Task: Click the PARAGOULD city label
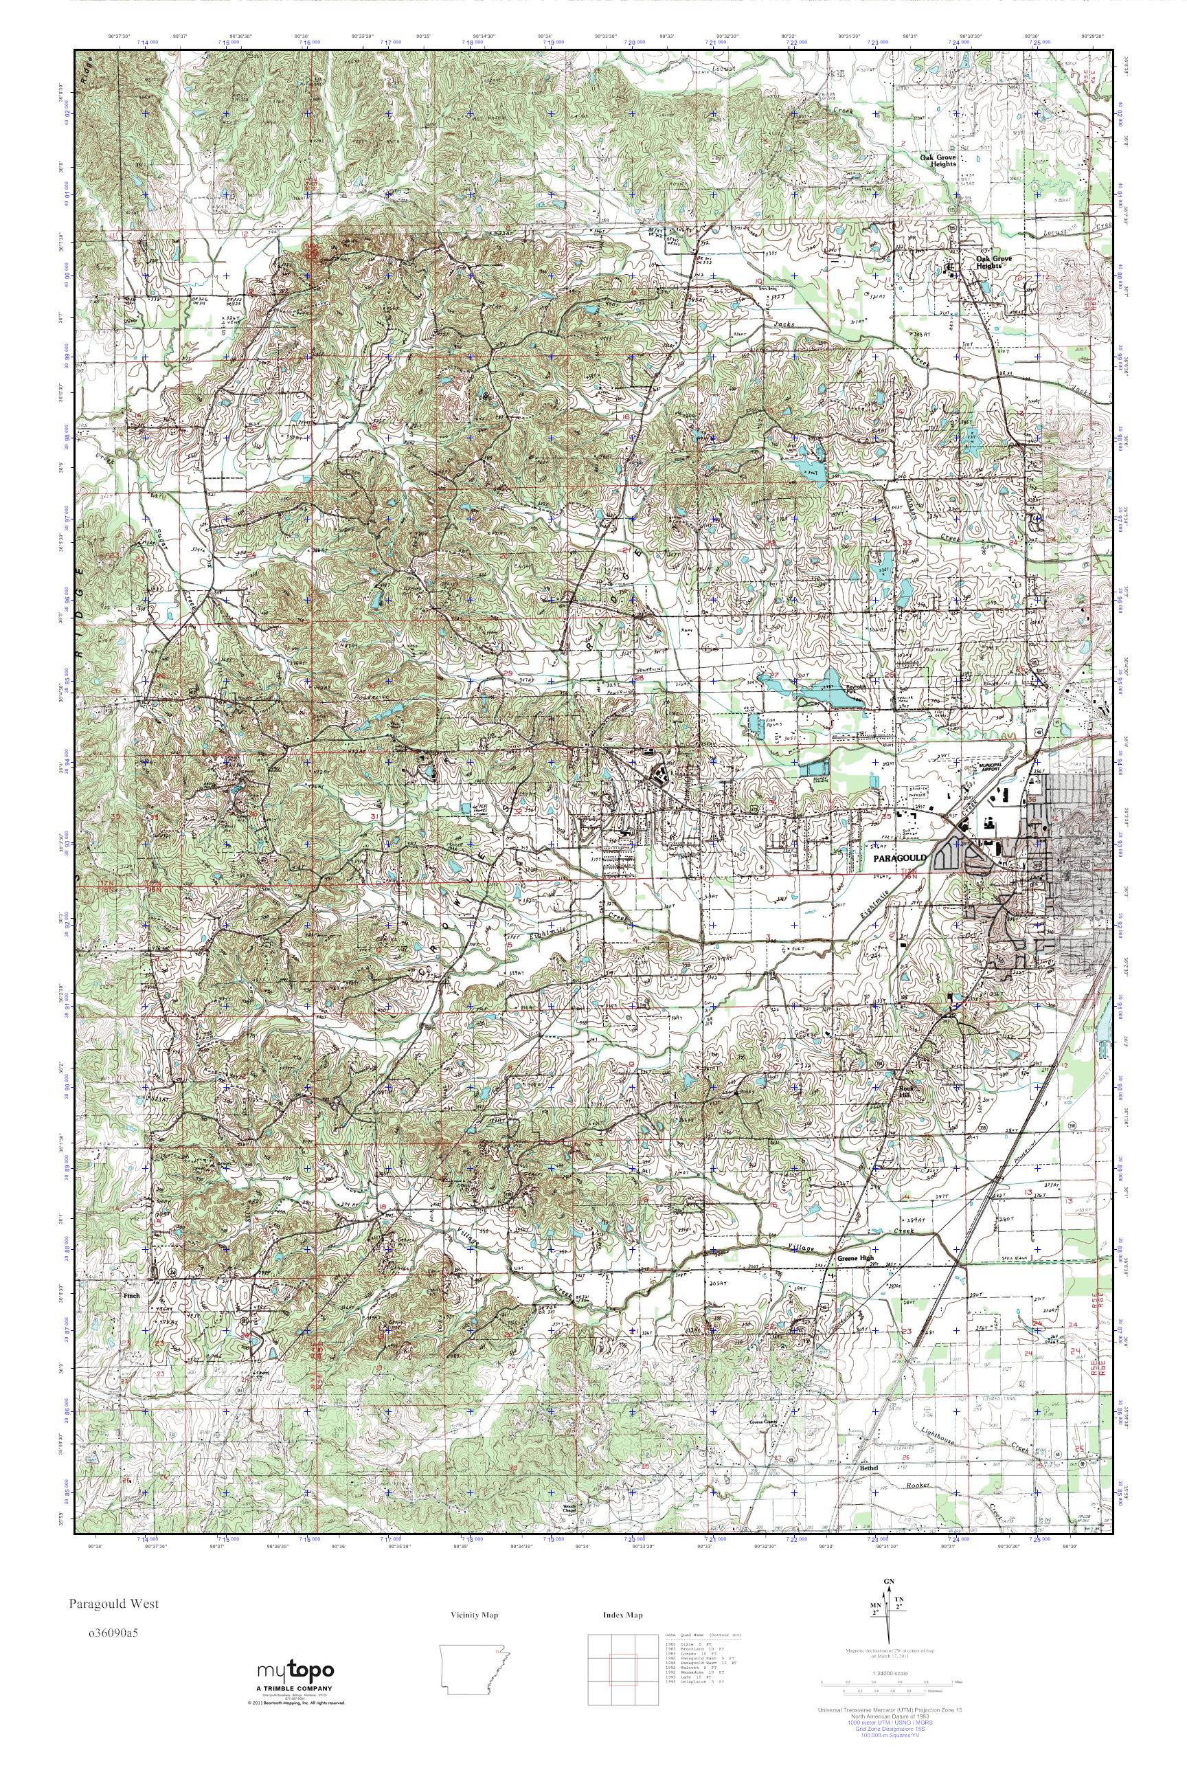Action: (899, 859)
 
